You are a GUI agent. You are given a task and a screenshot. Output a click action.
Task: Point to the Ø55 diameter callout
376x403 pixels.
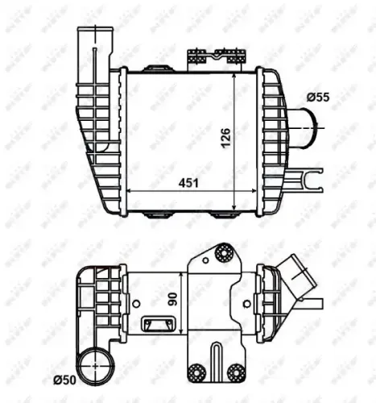click(x=317, y=98)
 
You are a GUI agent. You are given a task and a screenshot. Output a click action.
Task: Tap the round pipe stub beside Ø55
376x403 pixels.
click(x=302, y=128)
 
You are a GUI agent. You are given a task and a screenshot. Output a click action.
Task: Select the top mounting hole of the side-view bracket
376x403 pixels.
click(x=221, y=257)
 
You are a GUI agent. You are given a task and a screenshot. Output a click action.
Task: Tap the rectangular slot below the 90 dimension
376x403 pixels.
click(x=153, y=325)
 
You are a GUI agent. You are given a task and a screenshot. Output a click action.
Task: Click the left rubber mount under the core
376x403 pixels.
click(x=155, y=214)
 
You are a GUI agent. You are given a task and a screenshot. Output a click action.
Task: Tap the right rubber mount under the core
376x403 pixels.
click(x=221, y=214)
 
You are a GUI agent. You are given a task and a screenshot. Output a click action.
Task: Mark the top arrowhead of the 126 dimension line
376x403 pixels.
click(x=235, y=74)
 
